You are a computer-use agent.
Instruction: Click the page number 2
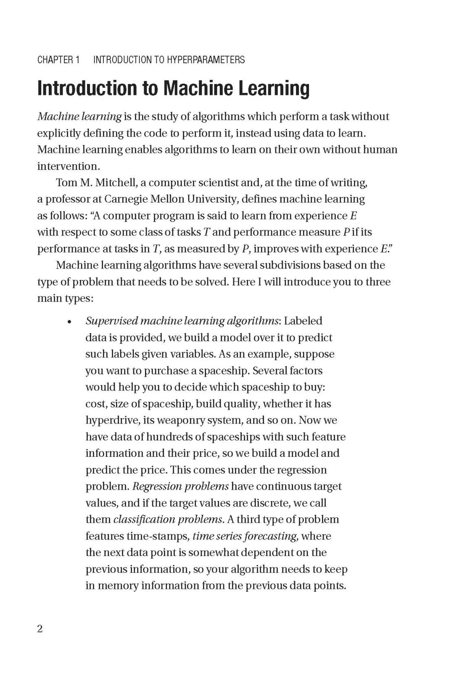click(40, 629)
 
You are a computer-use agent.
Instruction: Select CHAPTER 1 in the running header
click(58, 60)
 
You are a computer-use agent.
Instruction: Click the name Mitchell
click(119, 183)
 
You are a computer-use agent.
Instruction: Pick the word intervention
click(68, 166)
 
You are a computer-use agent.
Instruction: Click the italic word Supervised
click(111, 321)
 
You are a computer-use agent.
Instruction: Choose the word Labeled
click(303, 321)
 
